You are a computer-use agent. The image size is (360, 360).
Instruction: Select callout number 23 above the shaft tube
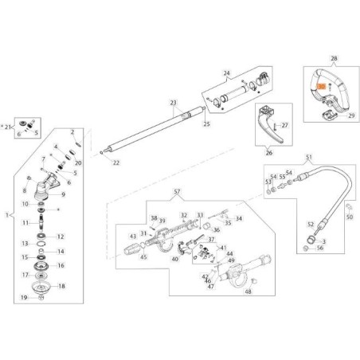172,102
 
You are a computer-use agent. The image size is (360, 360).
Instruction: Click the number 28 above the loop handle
333,59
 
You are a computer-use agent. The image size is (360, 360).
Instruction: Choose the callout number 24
225,74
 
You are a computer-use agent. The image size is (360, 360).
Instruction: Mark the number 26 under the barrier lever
268,153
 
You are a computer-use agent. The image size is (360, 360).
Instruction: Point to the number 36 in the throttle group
217,229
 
